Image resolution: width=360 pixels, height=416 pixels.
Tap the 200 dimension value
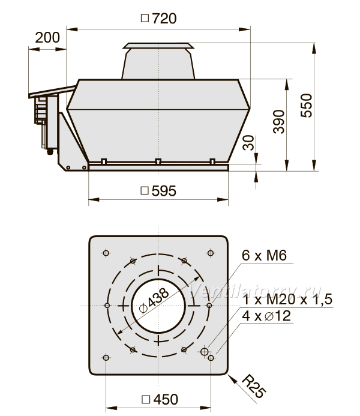coord(47,37)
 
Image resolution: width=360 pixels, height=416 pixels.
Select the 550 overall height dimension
coord(307,105)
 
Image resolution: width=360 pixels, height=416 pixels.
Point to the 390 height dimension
coord(278,122)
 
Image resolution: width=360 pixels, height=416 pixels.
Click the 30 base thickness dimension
coord(248,143)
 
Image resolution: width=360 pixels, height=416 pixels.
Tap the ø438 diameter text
coord(154,301)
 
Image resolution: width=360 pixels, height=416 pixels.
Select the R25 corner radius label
coord(254,387)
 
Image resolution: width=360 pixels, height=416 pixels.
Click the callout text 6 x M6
coord(264,256)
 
